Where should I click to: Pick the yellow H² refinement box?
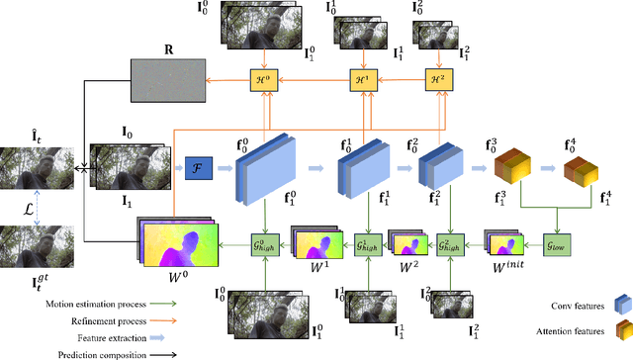click(436, 82)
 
